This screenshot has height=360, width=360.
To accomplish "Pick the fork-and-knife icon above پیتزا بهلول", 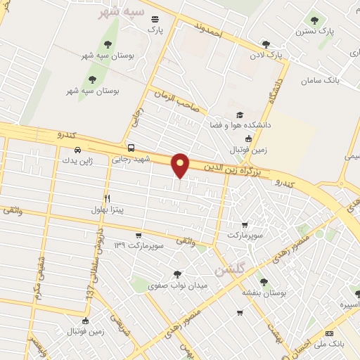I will tap(108, 198).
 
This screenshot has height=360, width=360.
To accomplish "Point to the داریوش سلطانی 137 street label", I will tap(96, 271).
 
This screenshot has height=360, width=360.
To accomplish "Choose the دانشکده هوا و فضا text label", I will tap(236, 125).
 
